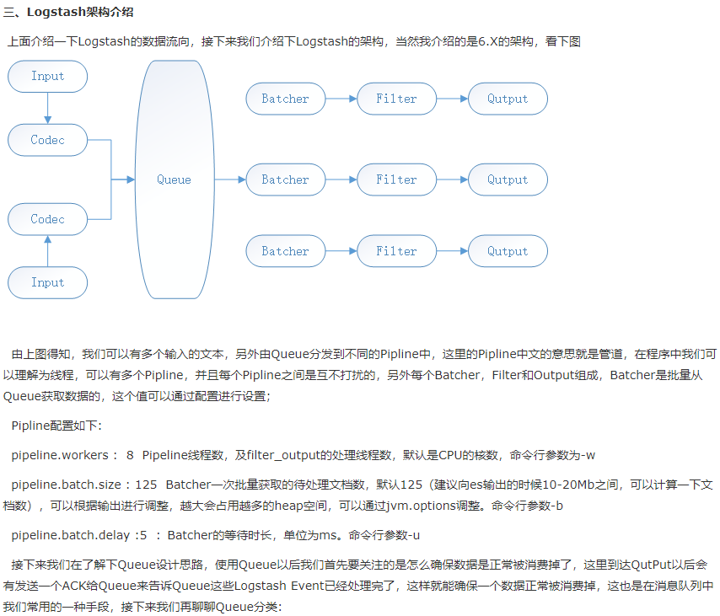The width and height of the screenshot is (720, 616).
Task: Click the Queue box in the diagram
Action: coord(174,179)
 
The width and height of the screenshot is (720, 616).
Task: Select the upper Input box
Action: coord(47,76)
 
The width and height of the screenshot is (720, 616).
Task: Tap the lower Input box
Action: coord(47,282)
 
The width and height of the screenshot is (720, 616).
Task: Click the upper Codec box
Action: coord(47,140)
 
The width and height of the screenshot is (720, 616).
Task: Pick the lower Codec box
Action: coord(47,219)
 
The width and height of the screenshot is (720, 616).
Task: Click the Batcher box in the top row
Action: coord(285,99)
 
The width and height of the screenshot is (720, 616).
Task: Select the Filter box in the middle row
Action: coord(396,179)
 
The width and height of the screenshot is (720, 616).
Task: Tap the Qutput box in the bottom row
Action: coord(508,251)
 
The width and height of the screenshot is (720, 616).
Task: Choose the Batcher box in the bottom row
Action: coord(285,251)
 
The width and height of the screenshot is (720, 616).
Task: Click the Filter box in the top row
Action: coord(396,99)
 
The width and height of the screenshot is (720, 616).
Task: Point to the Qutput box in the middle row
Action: coord(508,179)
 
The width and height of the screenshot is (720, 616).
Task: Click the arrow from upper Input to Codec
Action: coord(47,108)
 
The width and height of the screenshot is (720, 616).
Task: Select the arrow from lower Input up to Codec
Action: coord(47,251)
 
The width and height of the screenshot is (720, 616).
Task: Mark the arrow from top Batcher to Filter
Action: coord(341,99)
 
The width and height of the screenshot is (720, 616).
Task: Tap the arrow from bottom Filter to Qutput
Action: coord(452,251)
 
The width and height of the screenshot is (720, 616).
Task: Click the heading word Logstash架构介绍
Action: coord(80,13)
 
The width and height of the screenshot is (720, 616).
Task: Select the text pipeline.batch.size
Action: coord(66,485)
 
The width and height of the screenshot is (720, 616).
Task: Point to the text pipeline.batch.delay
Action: coord(68,534)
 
